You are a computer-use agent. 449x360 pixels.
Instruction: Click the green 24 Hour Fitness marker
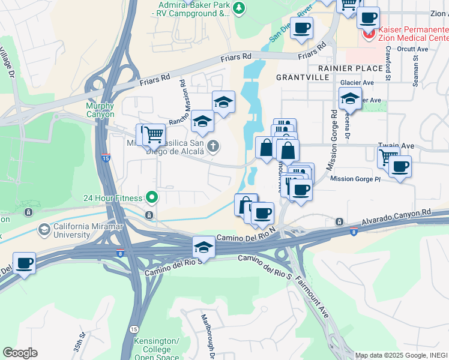pos(152,197)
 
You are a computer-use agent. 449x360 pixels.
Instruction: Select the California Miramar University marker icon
pos(44,229)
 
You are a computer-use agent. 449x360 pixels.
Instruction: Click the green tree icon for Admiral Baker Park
pos(240,8)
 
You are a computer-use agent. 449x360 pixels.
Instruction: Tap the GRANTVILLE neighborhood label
pos(303,77)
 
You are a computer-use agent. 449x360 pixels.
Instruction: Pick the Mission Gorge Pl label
pos(355,179)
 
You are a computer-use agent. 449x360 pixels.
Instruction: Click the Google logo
pos(20,353)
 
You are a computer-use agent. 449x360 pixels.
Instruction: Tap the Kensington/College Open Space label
pos(155,348)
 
